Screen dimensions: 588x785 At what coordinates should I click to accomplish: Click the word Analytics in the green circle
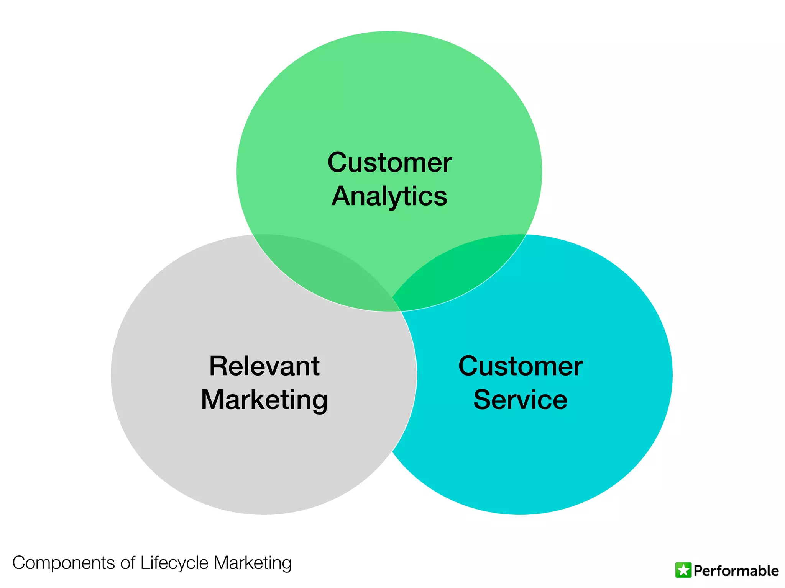coord(389,196)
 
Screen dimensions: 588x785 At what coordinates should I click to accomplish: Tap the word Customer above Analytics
coord(389,162)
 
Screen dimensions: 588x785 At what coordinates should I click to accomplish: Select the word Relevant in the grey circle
coord(264,366)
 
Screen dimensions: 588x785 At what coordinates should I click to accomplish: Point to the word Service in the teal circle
coord(520,400)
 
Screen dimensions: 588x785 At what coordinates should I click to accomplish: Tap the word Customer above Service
coord(520,366)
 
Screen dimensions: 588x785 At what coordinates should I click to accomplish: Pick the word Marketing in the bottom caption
coord(253,563)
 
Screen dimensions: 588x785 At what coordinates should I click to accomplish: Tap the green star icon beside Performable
coord(683,570)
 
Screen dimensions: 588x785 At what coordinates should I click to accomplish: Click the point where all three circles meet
coord(396,304)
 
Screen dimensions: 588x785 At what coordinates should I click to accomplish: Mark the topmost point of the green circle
coord(389,32)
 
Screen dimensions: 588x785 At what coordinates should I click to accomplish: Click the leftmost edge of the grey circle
coord(112,374)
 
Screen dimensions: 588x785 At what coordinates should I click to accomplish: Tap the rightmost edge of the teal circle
coord(672,374)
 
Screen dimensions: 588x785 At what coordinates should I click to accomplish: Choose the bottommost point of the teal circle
coord(520,514)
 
